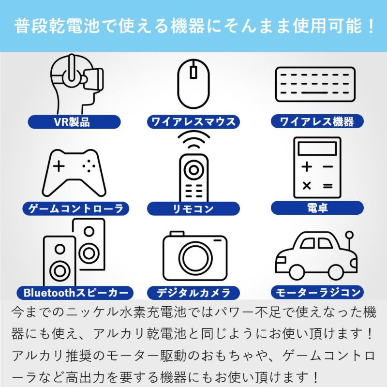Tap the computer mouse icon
point(193,83)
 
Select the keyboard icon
point(315,84)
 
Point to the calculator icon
point(317,167)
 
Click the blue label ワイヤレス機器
point(317,121)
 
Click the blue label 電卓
point(317,208)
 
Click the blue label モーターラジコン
point(317,292)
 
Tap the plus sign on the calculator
point(307,167)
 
